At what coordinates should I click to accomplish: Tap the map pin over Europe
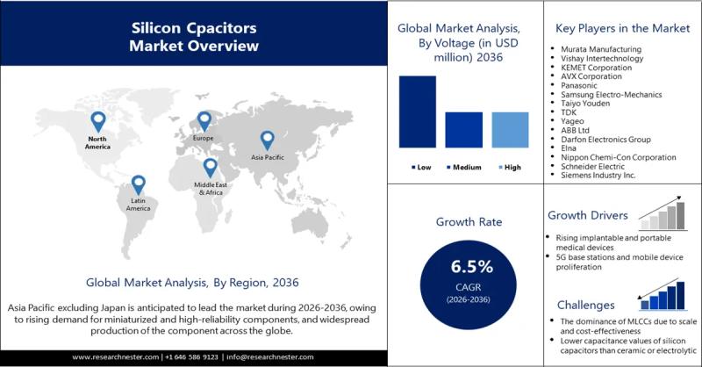tap(204, 121)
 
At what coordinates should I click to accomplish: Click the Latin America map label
tap(138, 206)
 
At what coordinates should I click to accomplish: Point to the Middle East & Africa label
tap(211, 189)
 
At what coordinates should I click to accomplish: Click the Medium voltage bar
tap(463, 130)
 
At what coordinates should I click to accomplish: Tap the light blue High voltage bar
tap(510, 130)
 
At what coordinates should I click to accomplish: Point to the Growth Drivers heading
tap(588, 215)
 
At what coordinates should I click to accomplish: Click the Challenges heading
tap(581, 305)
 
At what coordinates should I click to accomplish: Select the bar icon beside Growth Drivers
tap(663, 214)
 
